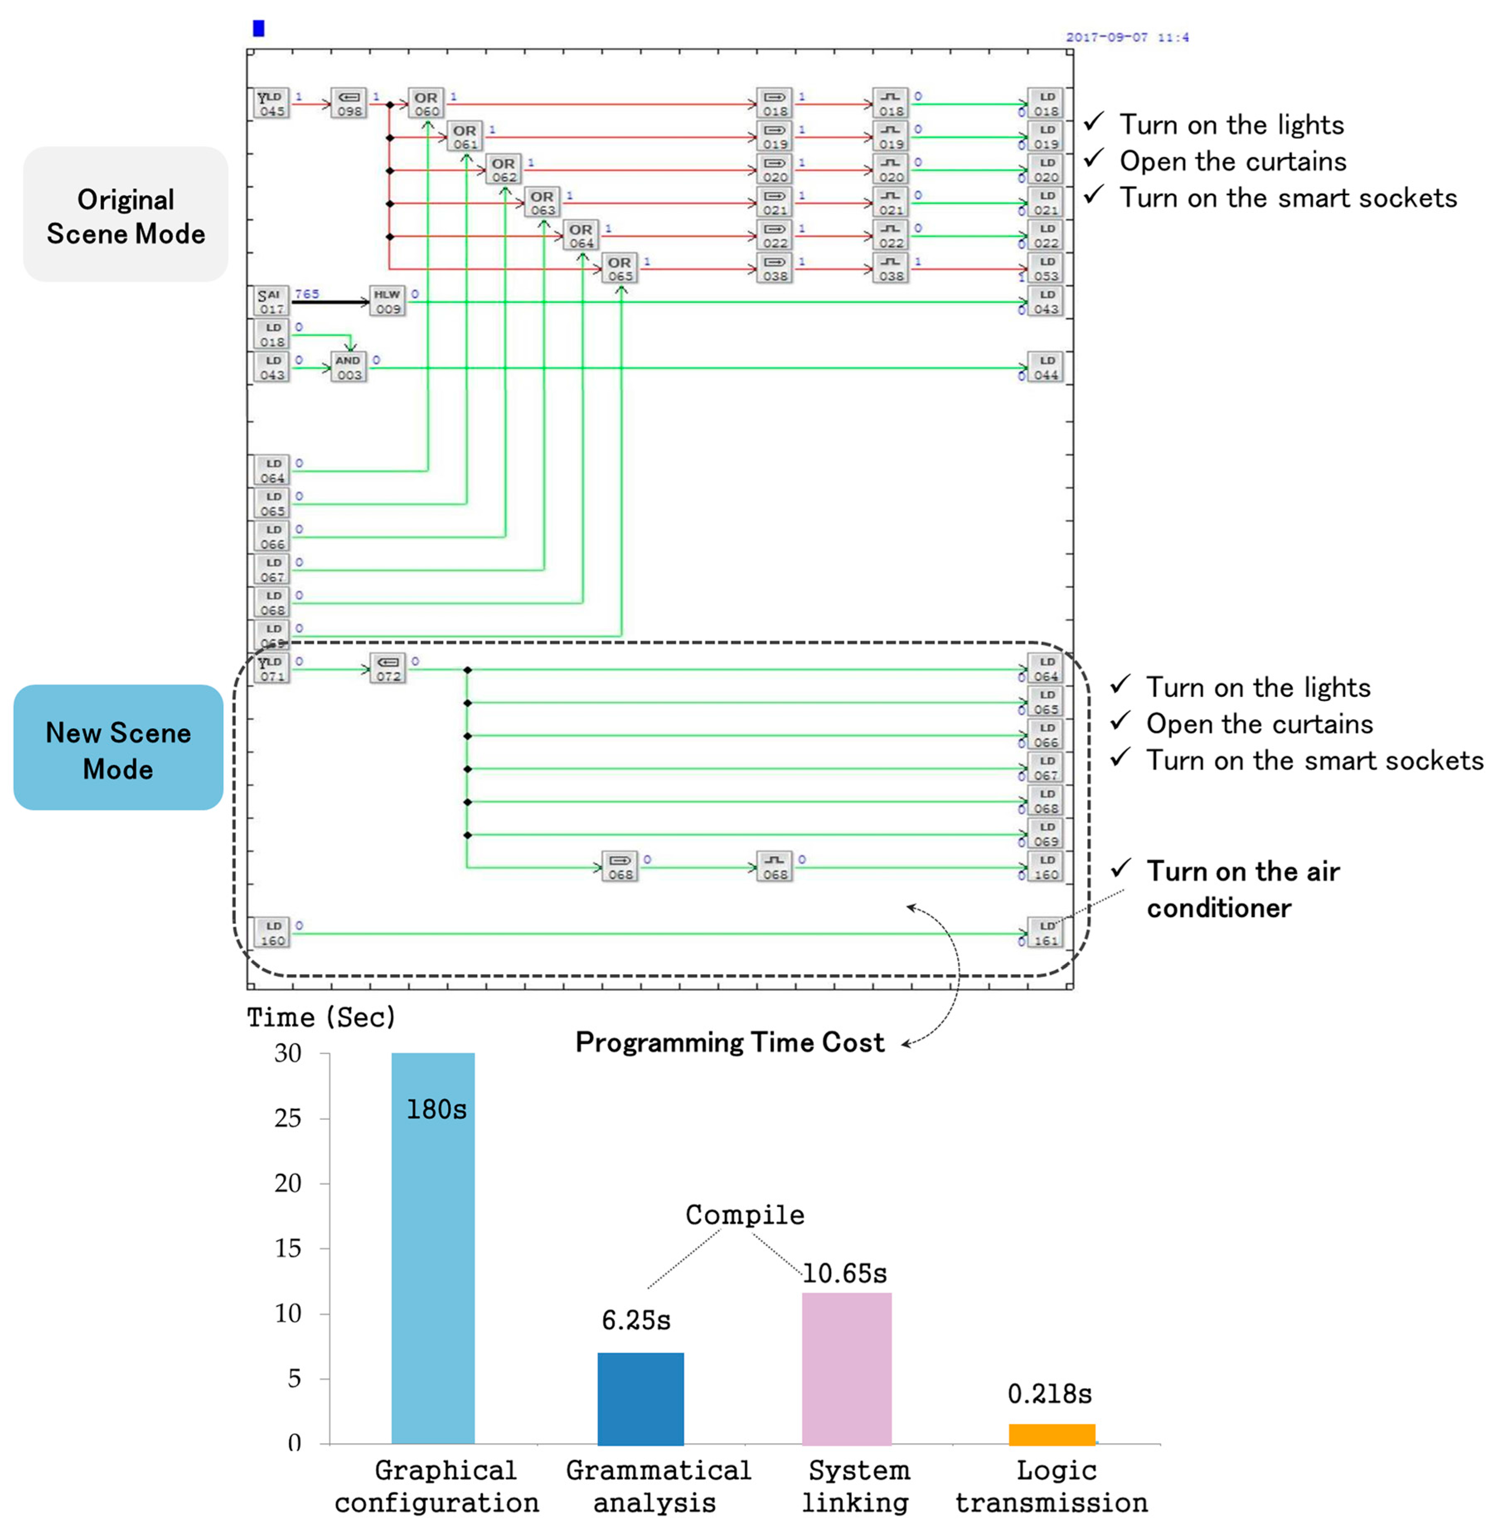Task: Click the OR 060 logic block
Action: pos(426,104)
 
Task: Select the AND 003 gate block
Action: pos(349,367)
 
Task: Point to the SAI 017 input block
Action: pos(270,301)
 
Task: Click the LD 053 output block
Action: pos(1046,268)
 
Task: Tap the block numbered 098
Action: pos(349,104)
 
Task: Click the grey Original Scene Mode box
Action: pos(126,216)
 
